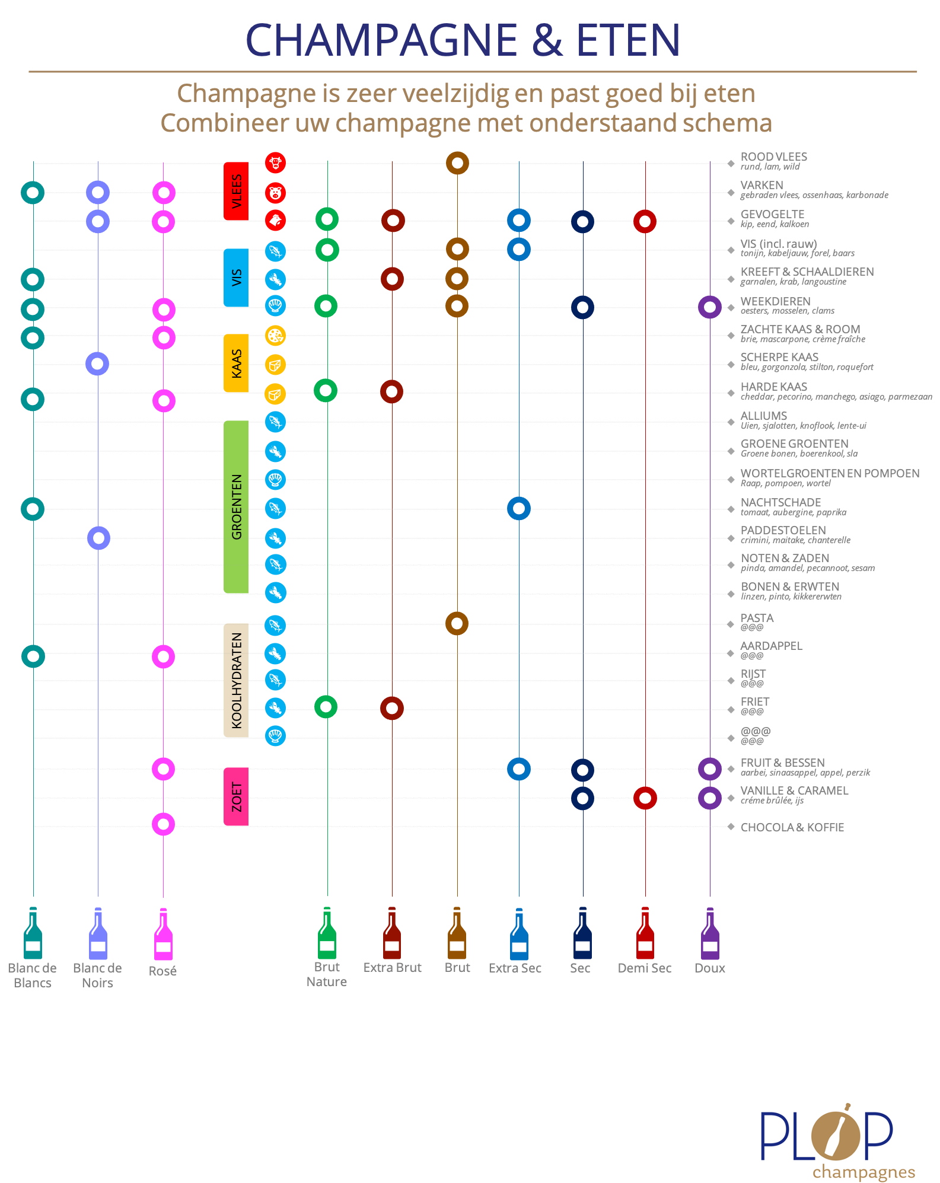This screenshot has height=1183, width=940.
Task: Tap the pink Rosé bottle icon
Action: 163,934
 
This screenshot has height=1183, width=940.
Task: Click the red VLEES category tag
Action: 236,191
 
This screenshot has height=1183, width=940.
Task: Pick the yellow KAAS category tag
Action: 236,363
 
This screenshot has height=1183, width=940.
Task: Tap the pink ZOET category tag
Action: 236,796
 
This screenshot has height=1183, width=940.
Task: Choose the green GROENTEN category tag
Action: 236,506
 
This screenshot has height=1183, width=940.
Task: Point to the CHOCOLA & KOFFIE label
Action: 792,827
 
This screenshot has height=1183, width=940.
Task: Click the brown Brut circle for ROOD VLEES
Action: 457,163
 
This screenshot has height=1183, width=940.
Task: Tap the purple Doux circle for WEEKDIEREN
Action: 710,307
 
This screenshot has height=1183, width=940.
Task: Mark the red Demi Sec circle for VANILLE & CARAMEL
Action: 645,798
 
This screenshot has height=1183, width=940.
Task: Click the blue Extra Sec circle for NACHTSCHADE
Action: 519,508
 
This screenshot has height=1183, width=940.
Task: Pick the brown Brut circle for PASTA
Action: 457,623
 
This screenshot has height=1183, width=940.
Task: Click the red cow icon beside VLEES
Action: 275,162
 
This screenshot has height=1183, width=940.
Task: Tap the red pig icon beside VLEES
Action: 275,193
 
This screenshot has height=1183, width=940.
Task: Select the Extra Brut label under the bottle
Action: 392,968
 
